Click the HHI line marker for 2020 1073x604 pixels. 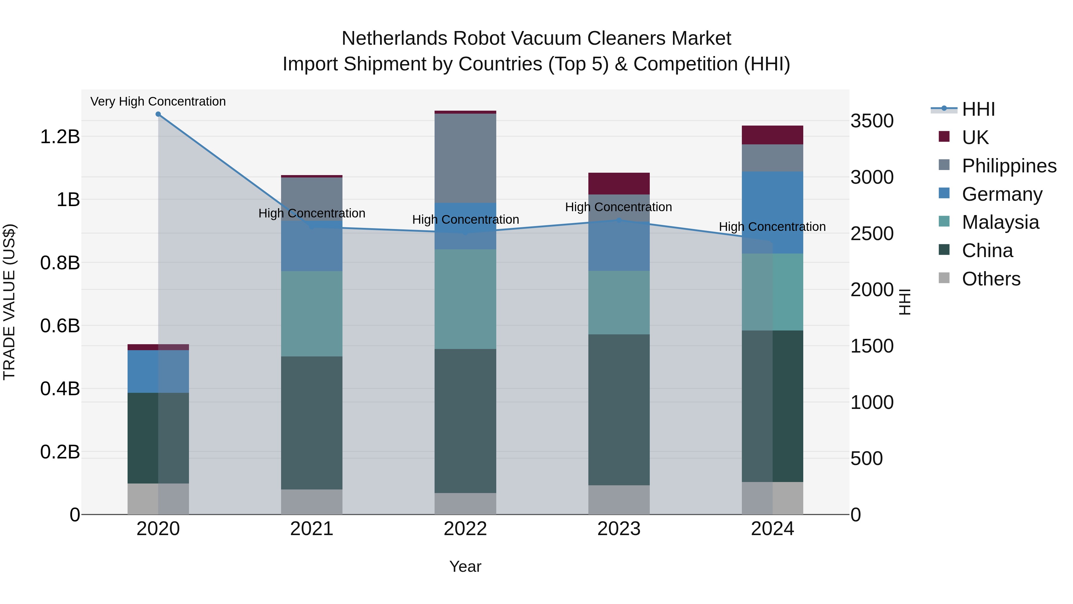tap(158, 114)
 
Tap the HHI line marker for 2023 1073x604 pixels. tap(619, 220)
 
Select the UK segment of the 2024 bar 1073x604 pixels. tap(772, 135)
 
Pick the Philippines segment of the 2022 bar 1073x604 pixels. tap(465, 158)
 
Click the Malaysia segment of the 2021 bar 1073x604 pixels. tap(311, 313)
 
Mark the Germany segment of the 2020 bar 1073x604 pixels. tap(158, 371)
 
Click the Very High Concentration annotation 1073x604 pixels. tap(158, 102)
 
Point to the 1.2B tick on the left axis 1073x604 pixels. tap(60, 137)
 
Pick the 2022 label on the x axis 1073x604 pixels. tap(465, 529)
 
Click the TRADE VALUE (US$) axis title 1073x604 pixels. tap(9, 302)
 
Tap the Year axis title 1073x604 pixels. tap(465, 566)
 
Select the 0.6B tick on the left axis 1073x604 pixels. tap(60, 325)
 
